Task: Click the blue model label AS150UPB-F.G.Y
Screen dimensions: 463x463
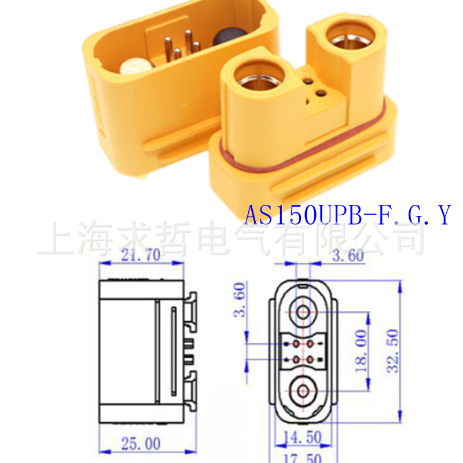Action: pos(348,215)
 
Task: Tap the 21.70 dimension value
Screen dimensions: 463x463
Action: pos(141,255)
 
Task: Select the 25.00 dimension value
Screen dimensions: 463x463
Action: pos(141,443)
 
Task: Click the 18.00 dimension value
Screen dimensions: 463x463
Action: pos(361,351)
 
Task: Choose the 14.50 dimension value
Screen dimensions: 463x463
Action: pos(302,438)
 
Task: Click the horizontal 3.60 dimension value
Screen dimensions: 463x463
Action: pos(348,255)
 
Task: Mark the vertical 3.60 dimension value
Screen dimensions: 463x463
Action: pos(240,300)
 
